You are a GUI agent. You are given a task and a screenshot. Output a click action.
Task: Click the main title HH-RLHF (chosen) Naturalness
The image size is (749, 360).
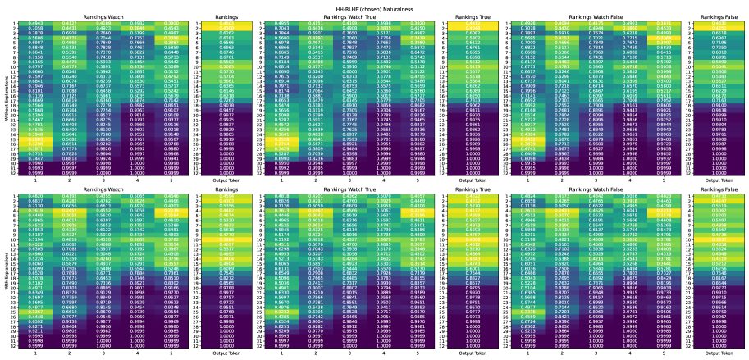point(374,4)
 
